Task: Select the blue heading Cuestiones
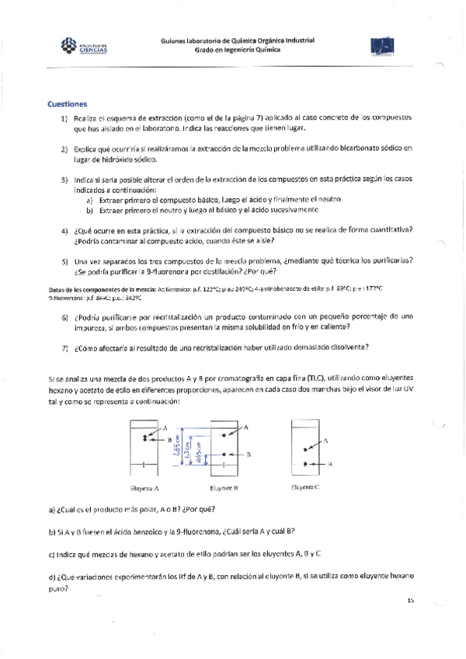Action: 67,103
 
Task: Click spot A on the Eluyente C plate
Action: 305,448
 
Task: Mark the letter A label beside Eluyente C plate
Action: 325,440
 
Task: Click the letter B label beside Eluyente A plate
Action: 169,440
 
